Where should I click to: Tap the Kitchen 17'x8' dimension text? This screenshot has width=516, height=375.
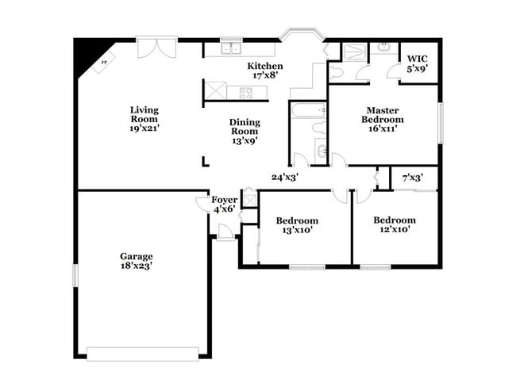[x=265, y=75]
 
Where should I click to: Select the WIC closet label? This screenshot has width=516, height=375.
[x=418, y=59]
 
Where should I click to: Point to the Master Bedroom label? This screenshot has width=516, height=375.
[x=383, y=115]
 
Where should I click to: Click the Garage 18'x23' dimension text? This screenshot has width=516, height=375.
[x=137, y=266]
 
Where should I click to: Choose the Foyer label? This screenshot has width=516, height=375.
[x=225, y=200]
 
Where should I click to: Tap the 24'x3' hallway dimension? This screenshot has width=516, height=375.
[x=285, y=177]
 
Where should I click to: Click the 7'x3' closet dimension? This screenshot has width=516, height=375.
[x=413, y=178]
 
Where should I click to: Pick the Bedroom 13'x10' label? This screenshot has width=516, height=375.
[x=297, y=225]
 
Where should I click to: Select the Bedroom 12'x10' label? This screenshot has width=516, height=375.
[x=395, y=224]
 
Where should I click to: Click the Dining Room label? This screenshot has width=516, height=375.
[x=245, y=127]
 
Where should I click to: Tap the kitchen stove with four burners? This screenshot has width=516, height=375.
[x=246, y=93]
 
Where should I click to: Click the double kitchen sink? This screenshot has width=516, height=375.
[x=231, y=48]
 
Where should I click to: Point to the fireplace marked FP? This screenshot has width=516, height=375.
[x=103, y=63]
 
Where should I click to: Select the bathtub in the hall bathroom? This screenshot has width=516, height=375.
[x=308, y=110]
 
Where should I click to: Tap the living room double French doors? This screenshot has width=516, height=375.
[x=157, y=48]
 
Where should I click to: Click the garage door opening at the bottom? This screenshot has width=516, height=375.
[x=143, y=354]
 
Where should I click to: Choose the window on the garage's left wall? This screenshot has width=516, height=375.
[x=75, y=275]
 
